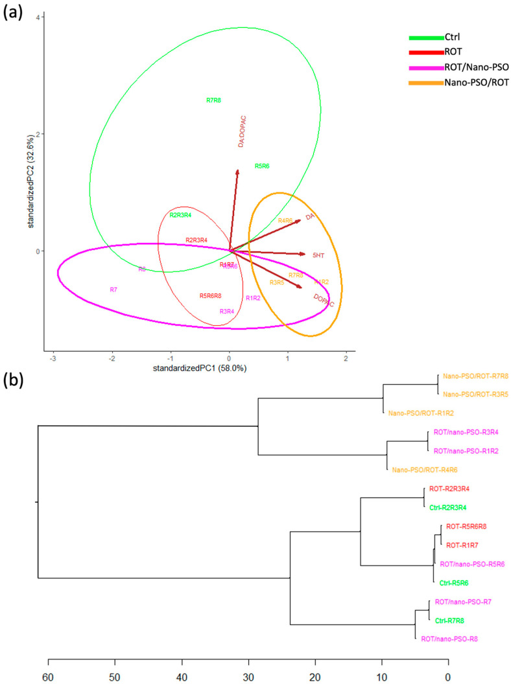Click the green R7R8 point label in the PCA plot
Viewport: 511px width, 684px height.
coord(213,100)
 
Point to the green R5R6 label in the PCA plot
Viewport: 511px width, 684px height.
coord(262,166)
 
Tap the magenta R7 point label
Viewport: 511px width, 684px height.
coord(113,290)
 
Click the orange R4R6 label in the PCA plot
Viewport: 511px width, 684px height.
coord(285,221)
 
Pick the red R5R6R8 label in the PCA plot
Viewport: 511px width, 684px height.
coord(210,296)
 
